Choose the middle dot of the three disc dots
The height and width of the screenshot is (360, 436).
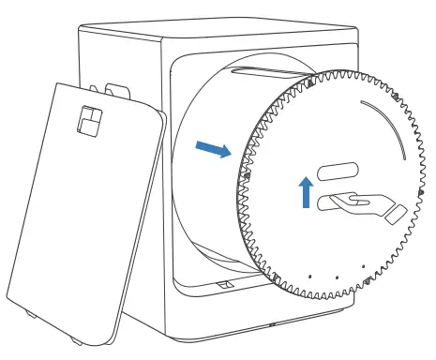(x=335, y=278)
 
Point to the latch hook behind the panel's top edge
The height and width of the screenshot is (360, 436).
(x=116, y=91)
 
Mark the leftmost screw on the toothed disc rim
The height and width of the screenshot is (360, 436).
(x=246, y=174)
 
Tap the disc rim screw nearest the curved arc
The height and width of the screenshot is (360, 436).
(x=398, y=97)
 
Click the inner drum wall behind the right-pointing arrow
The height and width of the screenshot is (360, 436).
(x=202, y=187)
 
